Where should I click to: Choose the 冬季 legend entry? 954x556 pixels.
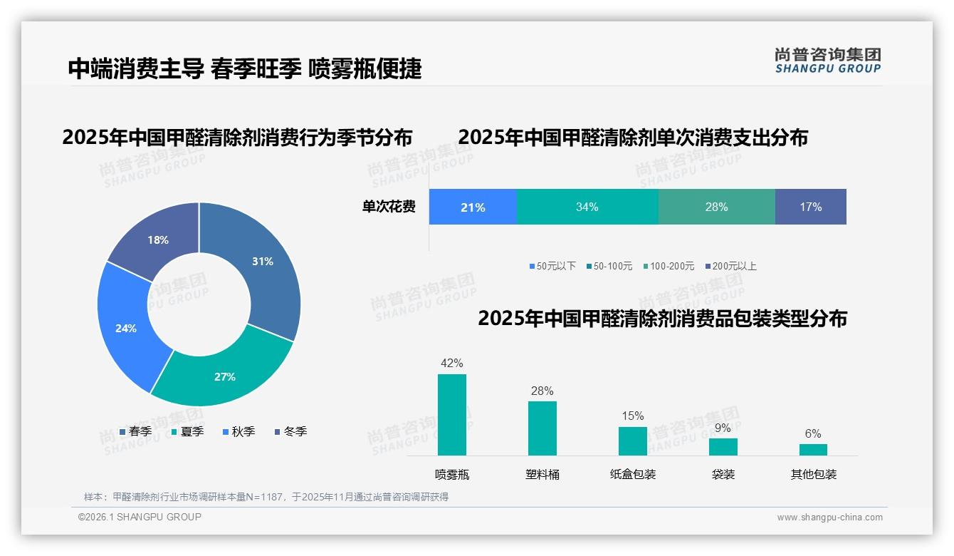coord(290,431)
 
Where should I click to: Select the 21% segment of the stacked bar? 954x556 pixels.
coord(473,207)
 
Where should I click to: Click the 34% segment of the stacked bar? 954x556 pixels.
coord(587,207)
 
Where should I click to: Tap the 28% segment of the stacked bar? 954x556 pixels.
coord(716,207)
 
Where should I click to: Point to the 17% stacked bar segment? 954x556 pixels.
coord(810,207)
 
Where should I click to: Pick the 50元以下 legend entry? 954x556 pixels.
coord(552,266)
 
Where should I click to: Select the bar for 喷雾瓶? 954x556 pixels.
coord(452,415)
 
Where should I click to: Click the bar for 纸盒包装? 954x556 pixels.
coord(633,441)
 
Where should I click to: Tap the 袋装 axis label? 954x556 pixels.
coord(723,474)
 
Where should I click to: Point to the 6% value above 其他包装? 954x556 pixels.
coord(813,433)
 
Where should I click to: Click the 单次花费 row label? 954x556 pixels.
coord(389,207)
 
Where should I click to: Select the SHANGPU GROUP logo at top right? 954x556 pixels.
coord(828,61)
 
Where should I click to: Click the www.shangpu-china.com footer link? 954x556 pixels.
coord(829,518)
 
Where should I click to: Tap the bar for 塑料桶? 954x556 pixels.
coord(542,428)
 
